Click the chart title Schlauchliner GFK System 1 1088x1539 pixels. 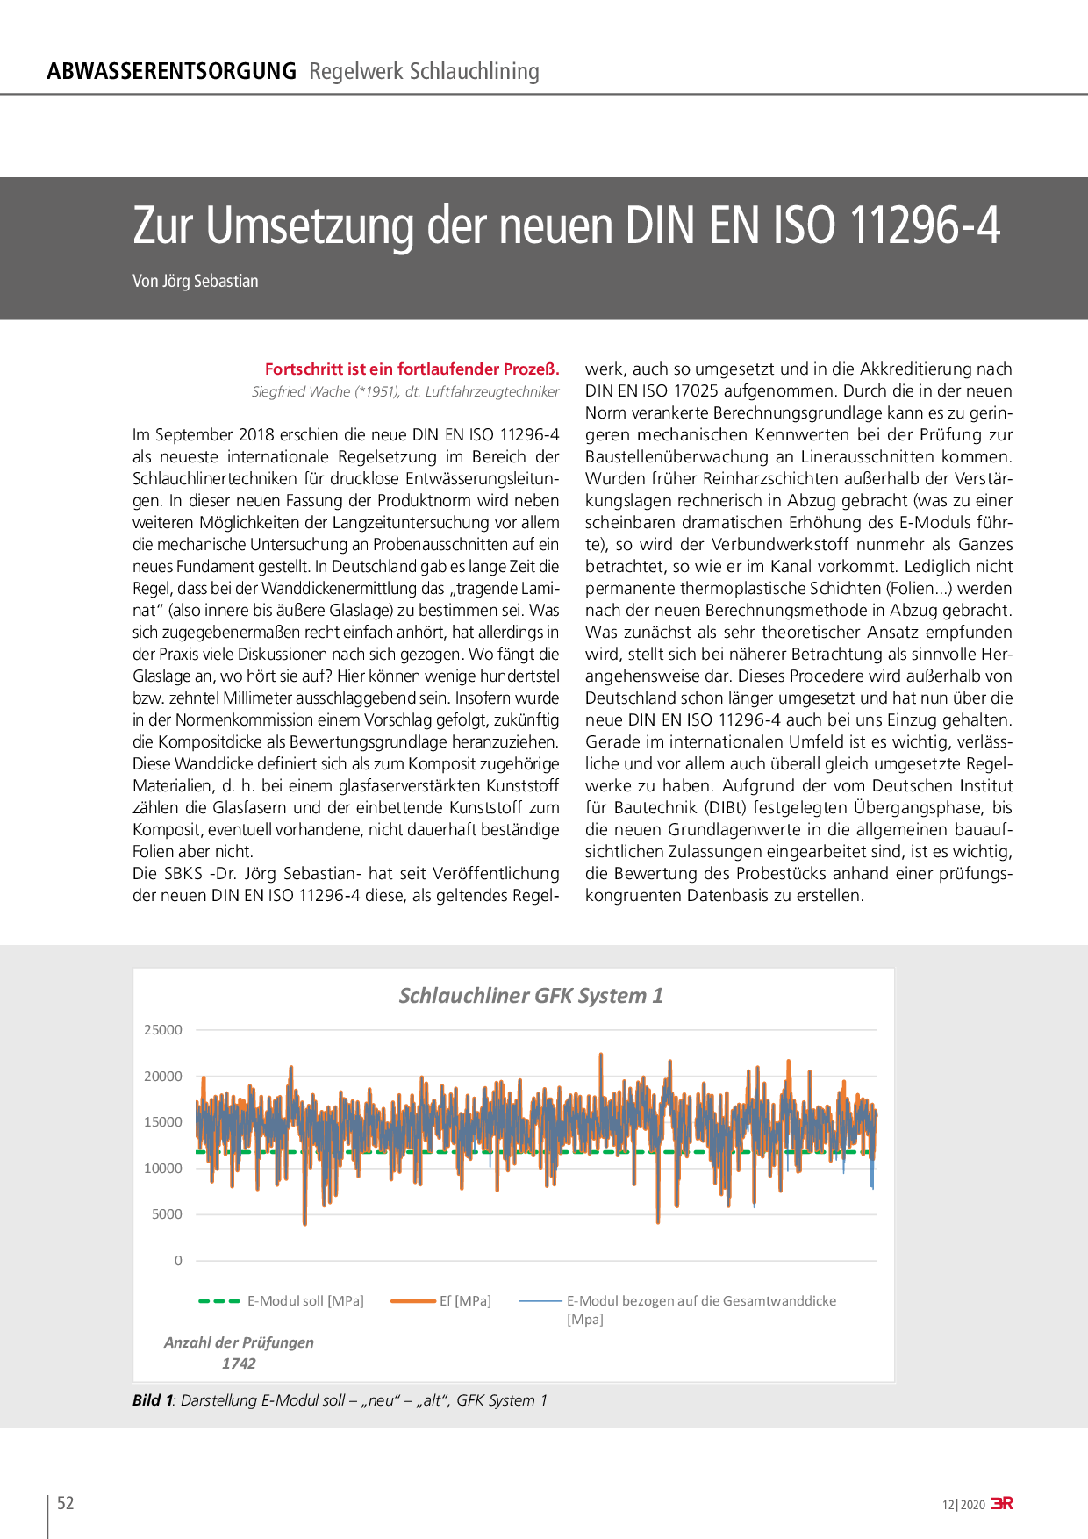tap(531, 996)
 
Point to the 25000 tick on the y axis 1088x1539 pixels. tap(163, 1030)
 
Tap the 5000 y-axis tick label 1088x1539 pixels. tap(167, 1214)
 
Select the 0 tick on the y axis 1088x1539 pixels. tap(178, 1261)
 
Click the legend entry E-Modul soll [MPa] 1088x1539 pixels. tap(304, 1301)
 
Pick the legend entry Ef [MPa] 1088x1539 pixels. tap(465, 1301)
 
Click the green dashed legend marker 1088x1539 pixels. tap(219, 1301)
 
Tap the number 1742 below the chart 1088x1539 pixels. tap(239, 1364)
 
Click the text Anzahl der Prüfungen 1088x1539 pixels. tap(239, 1342)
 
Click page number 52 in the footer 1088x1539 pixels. tap(66, 1503)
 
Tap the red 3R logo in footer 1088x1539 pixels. tap(1002, 1503)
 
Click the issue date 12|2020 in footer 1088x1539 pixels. tap(963, 1505)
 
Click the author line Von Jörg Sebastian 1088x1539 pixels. tap(196, 281)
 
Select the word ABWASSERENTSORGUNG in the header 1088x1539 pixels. tap(171, 71)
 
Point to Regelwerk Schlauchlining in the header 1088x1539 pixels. tap(424, 71)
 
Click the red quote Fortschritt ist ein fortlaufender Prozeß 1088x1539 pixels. tap(412, 369)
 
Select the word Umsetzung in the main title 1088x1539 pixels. tap(310, 225)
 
